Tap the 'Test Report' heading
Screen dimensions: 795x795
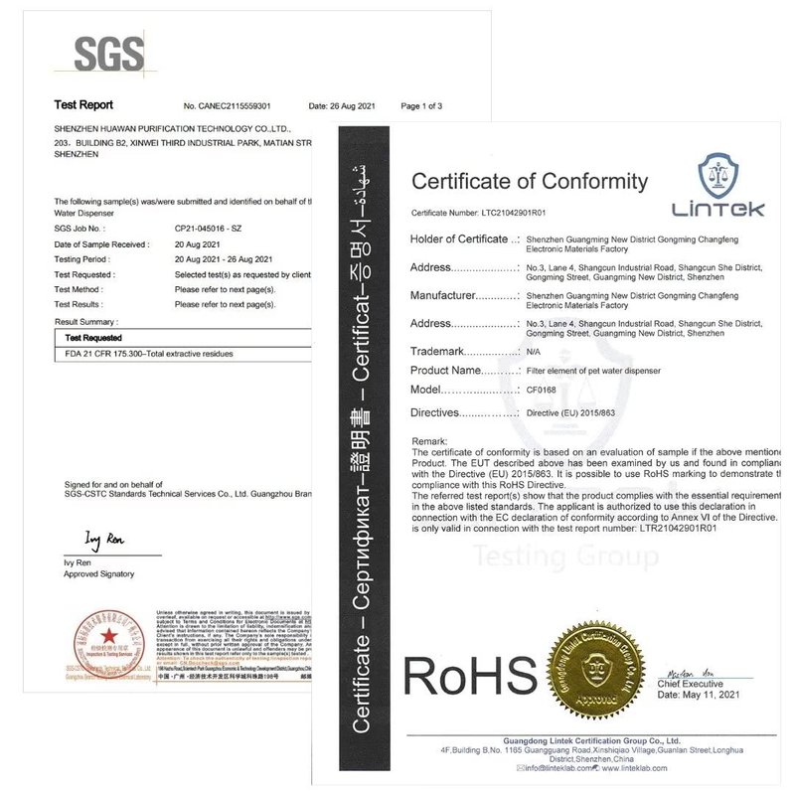(83, 104)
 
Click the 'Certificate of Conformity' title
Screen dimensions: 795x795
(530, 181)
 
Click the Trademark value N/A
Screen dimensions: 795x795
(533, 352)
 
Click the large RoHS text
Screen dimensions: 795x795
(469, 679)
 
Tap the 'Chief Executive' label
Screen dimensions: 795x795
(690, 684)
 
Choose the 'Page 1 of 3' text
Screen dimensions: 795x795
(421, 105)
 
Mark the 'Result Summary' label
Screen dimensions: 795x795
(85, 322)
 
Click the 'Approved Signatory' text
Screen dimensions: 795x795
(98, 574)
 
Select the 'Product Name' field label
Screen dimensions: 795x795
(452, 370)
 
